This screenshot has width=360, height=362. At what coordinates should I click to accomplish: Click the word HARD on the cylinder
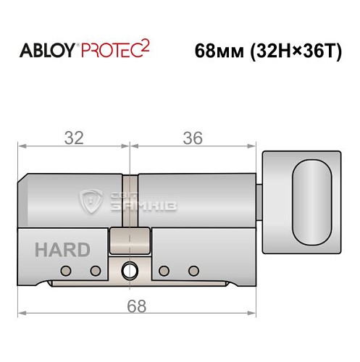tap(62, 251)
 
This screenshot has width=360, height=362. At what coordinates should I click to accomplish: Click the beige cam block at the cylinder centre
tap(130, 240)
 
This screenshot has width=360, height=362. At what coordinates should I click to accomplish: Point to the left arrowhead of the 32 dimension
tap(22, 147)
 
